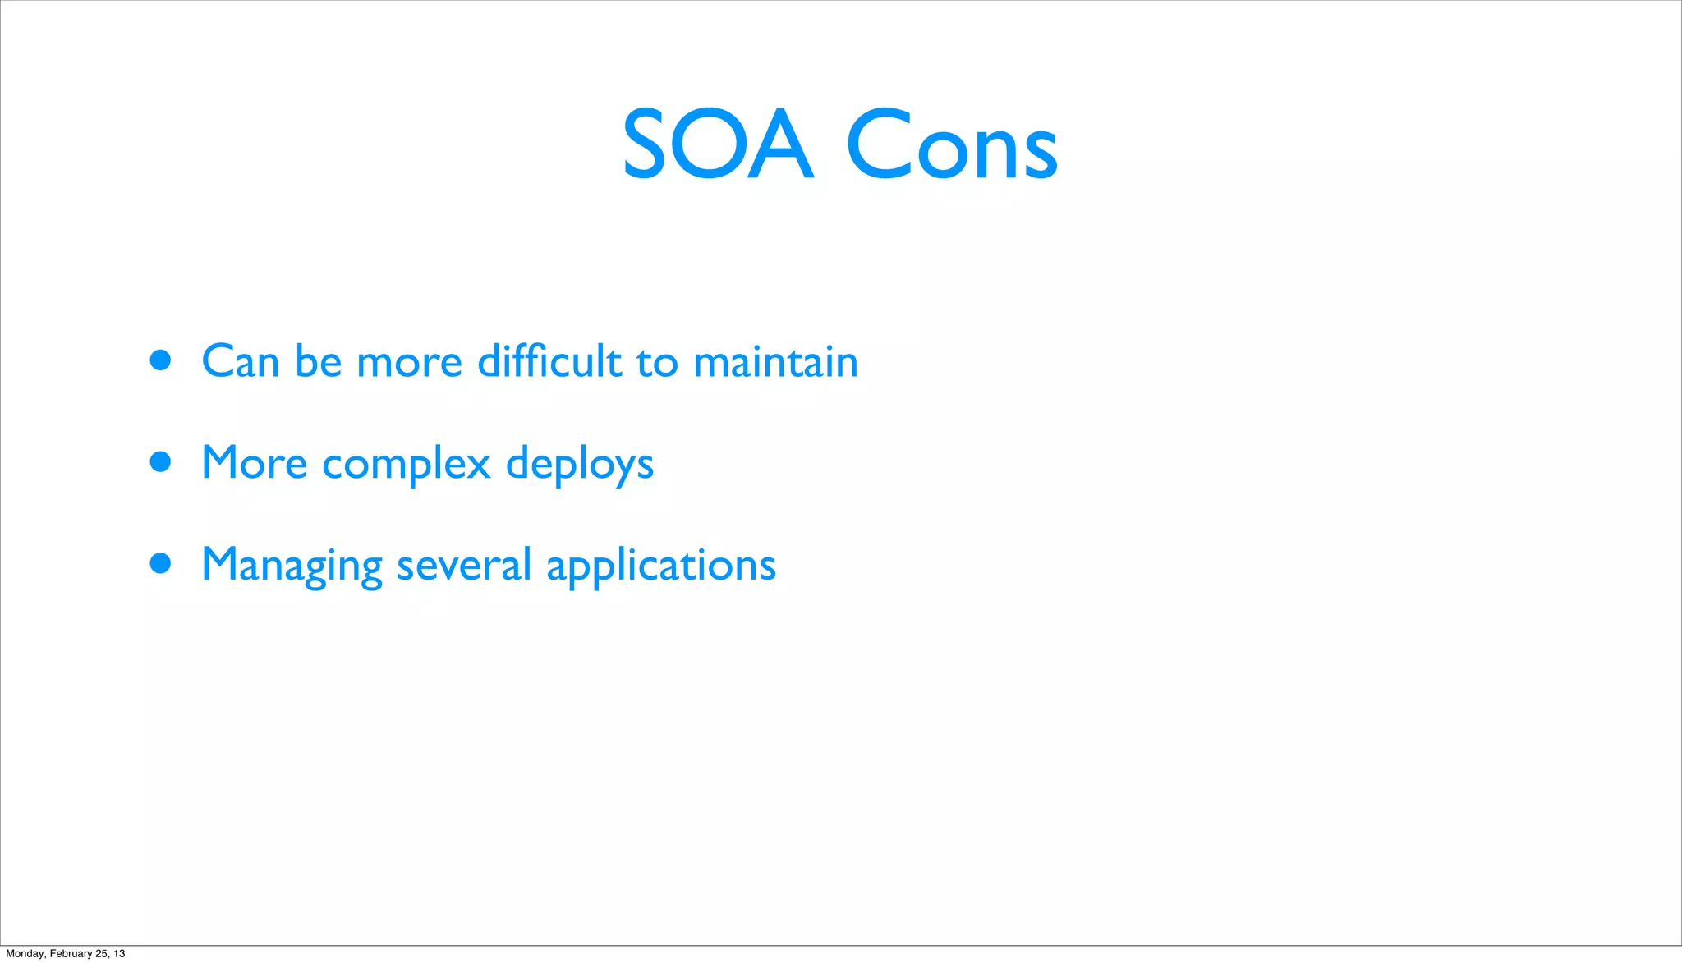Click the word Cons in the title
pos(951,145)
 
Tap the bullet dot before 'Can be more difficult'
pos(161,360)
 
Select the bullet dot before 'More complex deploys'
pos(161,462)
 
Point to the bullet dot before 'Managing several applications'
pos(161,564)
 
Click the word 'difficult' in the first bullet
pos(549,361)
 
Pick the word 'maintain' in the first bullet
pos(775,362)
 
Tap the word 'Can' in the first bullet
pos(240,362)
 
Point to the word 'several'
pos(463,566)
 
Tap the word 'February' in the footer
pos(71,954)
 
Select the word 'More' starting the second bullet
pos(254,463)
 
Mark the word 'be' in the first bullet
pos(318,362)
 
